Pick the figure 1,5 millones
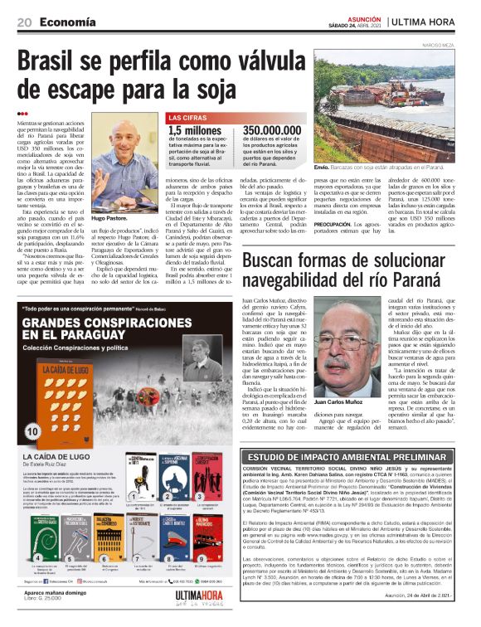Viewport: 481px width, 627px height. click(195, 131)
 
